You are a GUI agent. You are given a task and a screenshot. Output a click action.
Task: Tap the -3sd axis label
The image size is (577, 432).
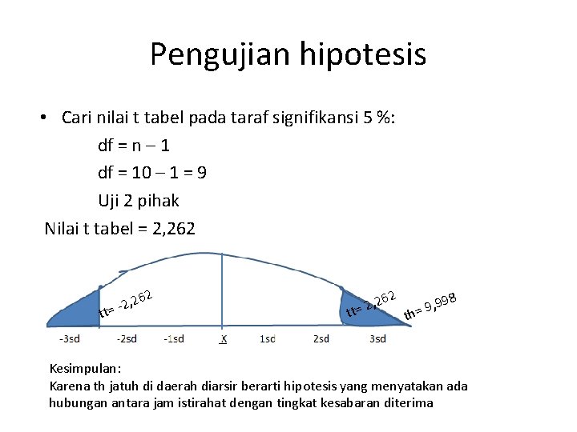(x=69, y=338)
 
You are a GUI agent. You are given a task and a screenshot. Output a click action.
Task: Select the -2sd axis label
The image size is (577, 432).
(x=126, y=338)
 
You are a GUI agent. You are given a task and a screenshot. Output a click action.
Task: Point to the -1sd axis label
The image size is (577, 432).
(x=174, y=338)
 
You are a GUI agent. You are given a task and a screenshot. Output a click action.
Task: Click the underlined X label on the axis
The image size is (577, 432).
(x=224, y=338)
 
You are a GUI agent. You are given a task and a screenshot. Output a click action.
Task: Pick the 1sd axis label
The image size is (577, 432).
(x=268, y=338)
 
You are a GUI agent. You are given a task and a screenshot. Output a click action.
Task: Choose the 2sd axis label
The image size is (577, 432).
(x=321, y=338)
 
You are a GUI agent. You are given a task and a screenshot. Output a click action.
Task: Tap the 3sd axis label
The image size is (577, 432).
(x=377, y=338)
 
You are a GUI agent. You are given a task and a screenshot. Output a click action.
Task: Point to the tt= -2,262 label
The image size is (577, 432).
(x=127, y=302)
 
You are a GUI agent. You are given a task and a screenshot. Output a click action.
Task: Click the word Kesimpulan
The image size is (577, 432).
(x=84, y=370)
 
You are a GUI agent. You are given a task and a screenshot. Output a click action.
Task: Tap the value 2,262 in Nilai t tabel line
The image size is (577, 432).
(x=170, y=229)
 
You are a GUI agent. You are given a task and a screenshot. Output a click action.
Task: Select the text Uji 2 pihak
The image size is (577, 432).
(x=139, y=201)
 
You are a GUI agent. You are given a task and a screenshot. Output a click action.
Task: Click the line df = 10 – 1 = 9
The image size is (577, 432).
(x=152, y=173)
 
